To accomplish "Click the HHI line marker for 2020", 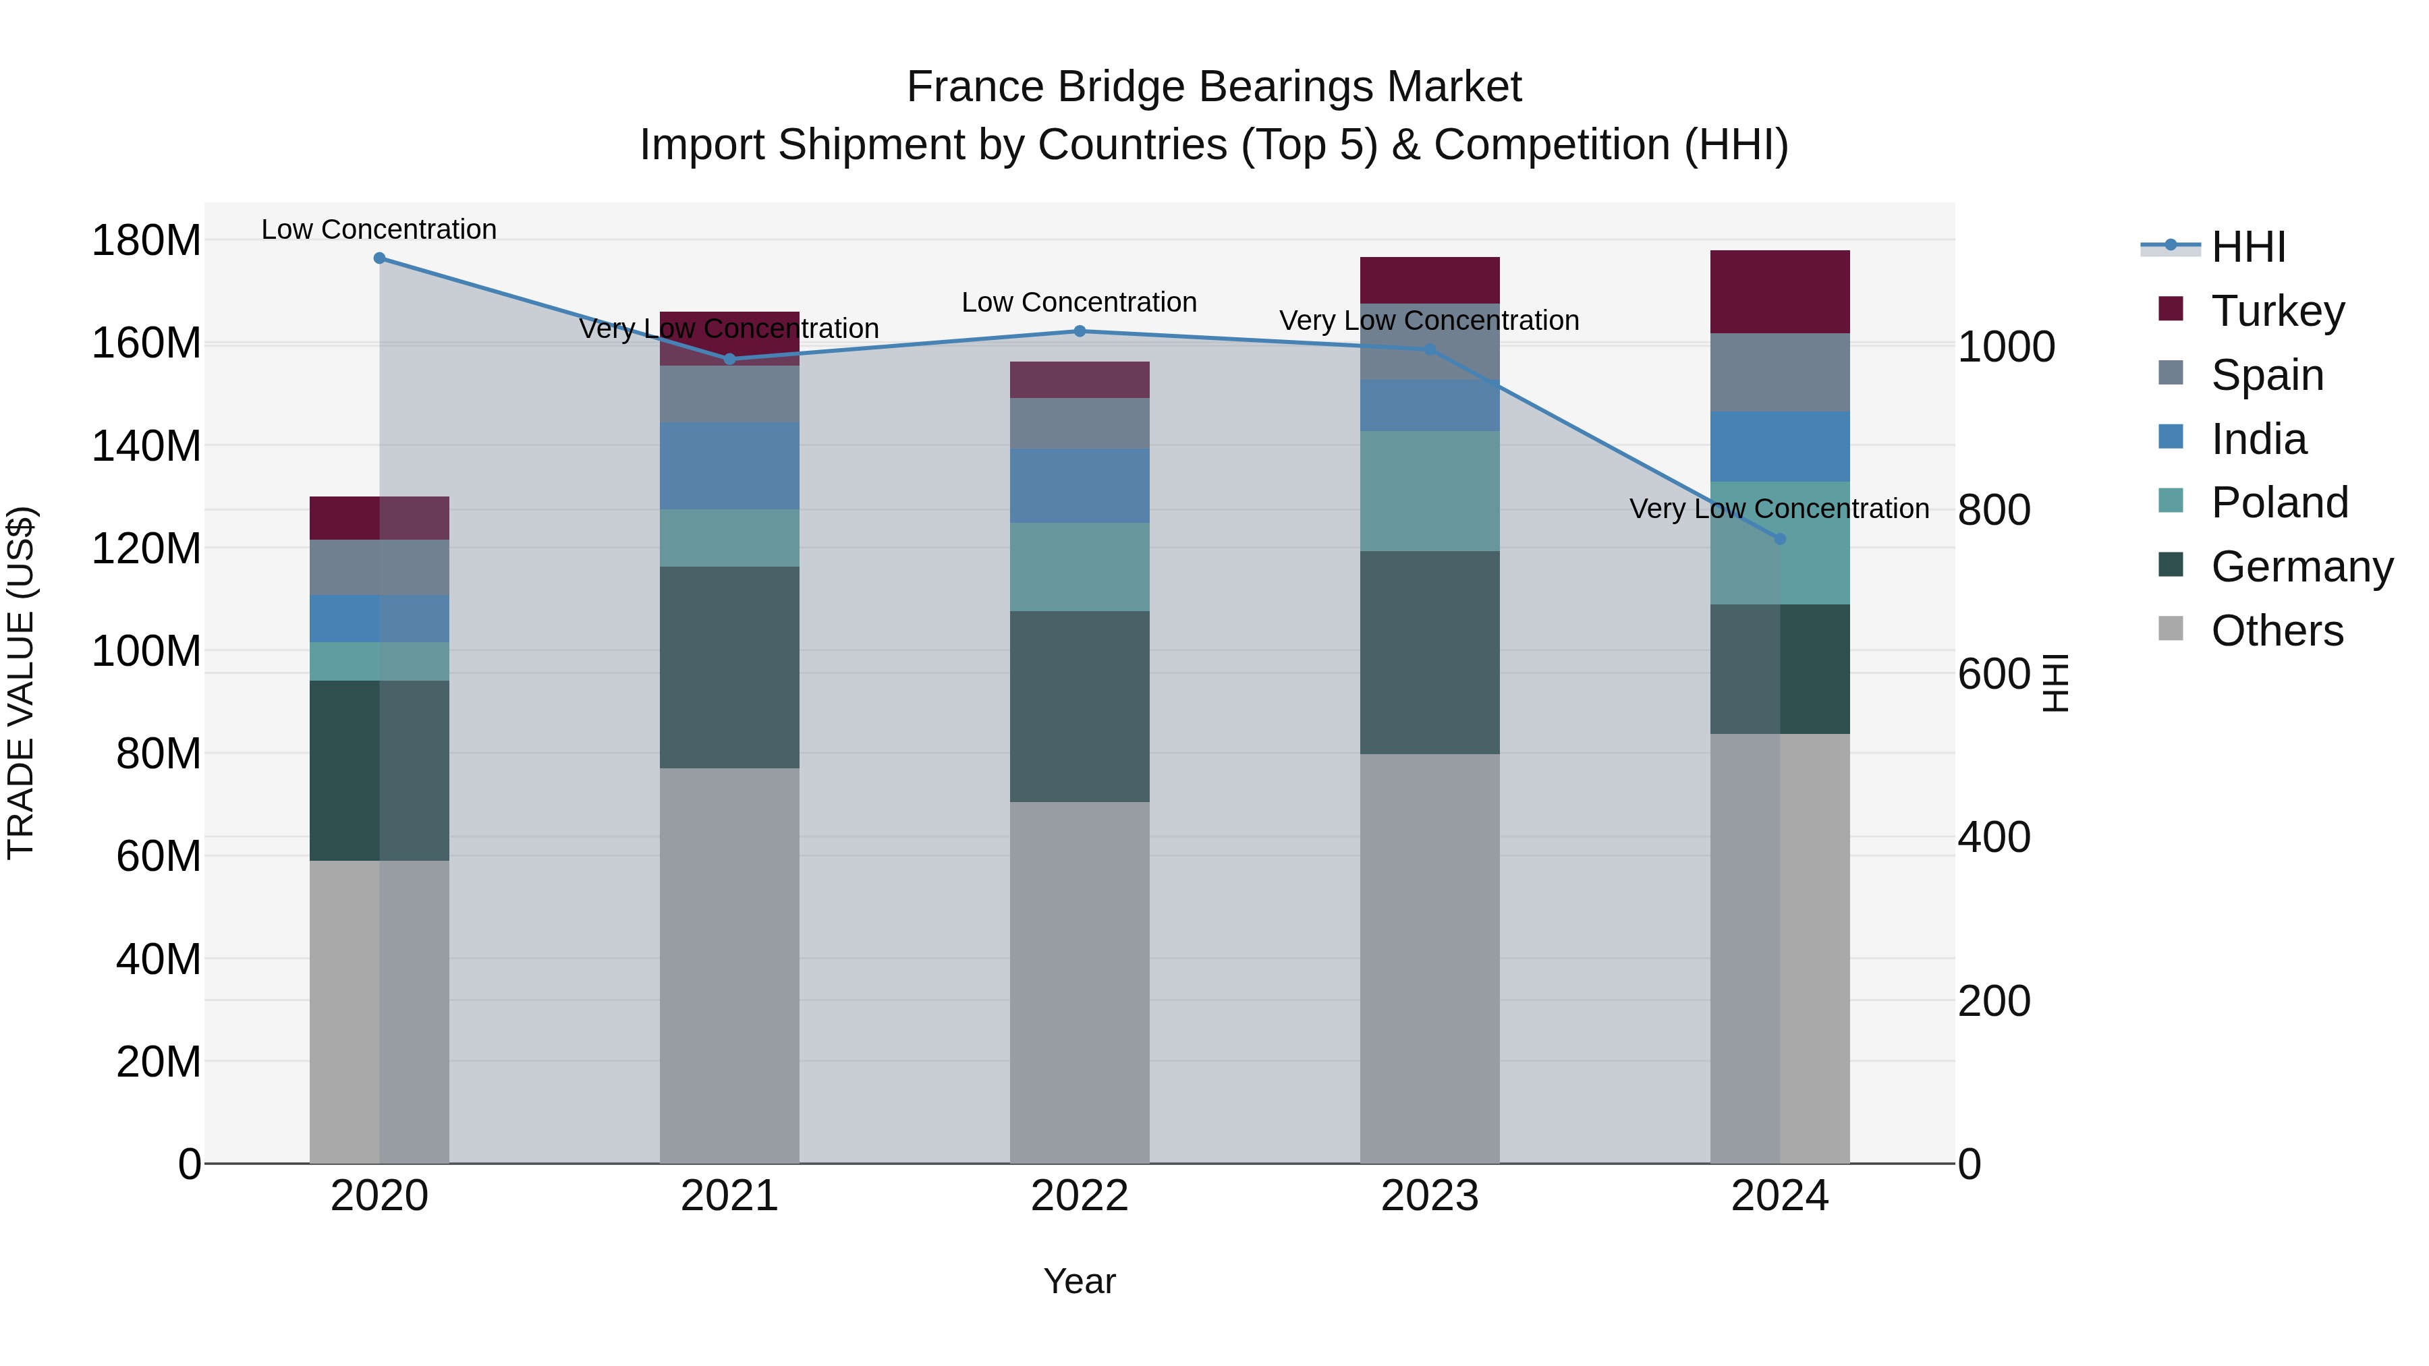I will (x=379, y=258).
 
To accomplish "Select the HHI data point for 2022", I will (x=1080, y=331).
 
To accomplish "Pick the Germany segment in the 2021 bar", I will (x=729, y=666).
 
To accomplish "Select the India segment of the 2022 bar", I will (x=1080, y=486).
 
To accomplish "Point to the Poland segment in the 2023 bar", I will (x=1430, y=490).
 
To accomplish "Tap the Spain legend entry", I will (x=2267, y=374).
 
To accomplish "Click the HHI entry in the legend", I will (x=2248, y=247).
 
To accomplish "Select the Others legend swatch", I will (x=2171, y=629).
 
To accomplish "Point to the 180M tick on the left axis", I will (x=146, y=240).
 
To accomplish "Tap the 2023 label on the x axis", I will (x=1430, y=1196).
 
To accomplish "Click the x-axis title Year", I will (x=1080, y=1281).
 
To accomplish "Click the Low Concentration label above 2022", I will (x=1079, y=303).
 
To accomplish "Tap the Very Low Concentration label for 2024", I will (x=1779, y=509).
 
